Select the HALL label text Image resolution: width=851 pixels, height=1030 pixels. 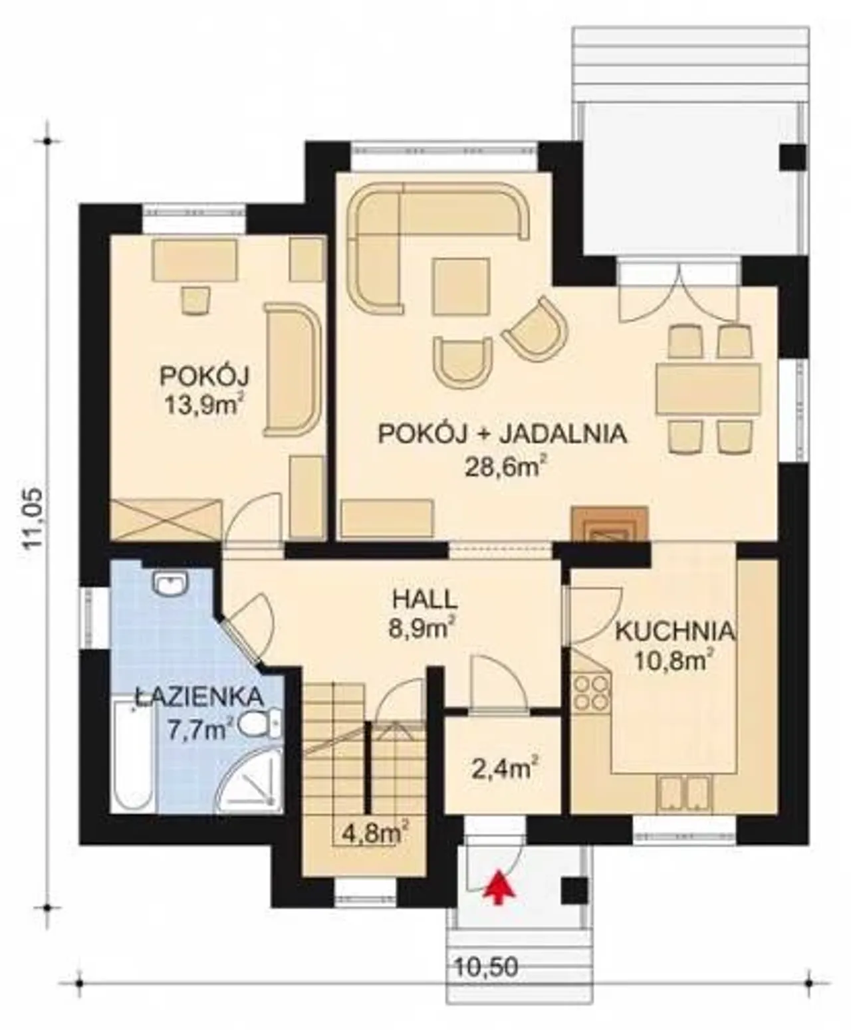coord(425,600)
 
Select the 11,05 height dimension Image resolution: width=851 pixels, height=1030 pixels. coord(35,520)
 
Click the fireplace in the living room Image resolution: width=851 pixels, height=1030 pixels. coord(609,525)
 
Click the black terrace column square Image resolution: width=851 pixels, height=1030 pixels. coord(793,158)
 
